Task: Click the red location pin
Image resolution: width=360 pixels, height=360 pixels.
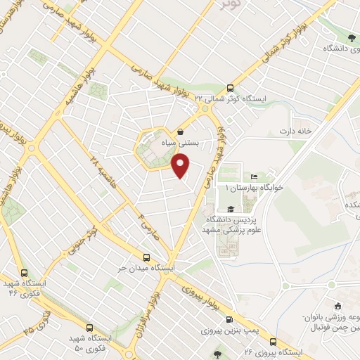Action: click(x=181, y=166)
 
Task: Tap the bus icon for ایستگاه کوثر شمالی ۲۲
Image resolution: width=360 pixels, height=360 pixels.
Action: click(x=231, y=88)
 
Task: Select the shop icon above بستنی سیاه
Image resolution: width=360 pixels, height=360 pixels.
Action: click(x=181, y=131)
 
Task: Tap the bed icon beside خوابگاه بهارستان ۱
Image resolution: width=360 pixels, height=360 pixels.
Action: click(x=254, y=176)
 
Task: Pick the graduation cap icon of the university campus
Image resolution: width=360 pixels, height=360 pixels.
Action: click(x=230, y=209)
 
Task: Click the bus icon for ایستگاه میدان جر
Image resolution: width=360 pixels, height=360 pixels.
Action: click(x=146, y=257)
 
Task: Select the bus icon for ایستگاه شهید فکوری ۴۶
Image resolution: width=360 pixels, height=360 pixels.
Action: click(x=25, y=273)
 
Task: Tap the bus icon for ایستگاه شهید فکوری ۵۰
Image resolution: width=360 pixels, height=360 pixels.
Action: click(x=89, y=327)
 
